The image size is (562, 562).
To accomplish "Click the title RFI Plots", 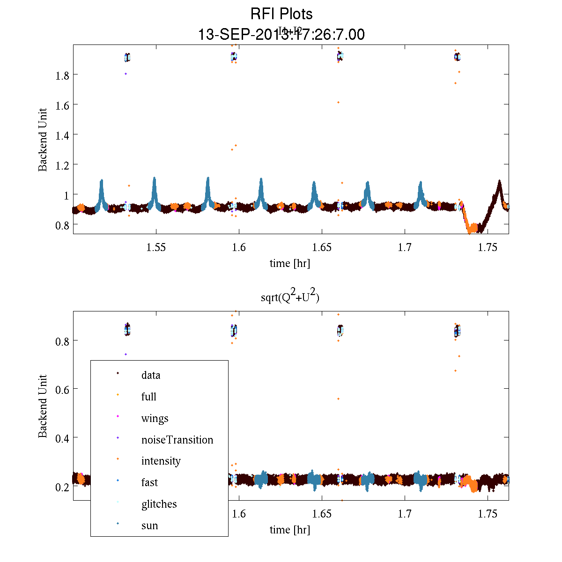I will coord(281,14).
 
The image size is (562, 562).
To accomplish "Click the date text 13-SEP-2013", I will coord(239,35).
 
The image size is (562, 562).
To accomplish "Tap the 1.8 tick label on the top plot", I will coord(59,75).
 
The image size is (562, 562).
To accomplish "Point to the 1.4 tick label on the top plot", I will coord(59,135).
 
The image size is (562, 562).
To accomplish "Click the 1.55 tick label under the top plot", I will coord(156,248).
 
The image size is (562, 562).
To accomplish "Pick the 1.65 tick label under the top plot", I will coord(322,248).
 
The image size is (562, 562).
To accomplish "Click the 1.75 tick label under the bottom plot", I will coord(488,514).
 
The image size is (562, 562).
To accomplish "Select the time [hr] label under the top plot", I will coord(290,263).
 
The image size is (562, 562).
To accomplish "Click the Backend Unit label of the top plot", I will coord(43,140).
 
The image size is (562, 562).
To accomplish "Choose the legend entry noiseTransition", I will coord(177,440).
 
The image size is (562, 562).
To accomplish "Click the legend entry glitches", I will coord(159,504).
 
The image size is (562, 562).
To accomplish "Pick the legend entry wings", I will coord(155,418).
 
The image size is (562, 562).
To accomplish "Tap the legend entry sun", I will coord(150,525).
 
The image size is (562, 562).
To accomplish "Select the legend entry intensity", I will coord(161,461).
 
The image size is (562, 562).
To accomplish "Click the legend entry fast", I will coord(150,482).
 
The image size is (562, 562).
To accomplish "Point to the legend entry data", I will coord(151,375).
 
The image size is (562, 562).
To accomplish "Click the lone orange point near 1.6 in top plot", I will coord(338,102).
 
